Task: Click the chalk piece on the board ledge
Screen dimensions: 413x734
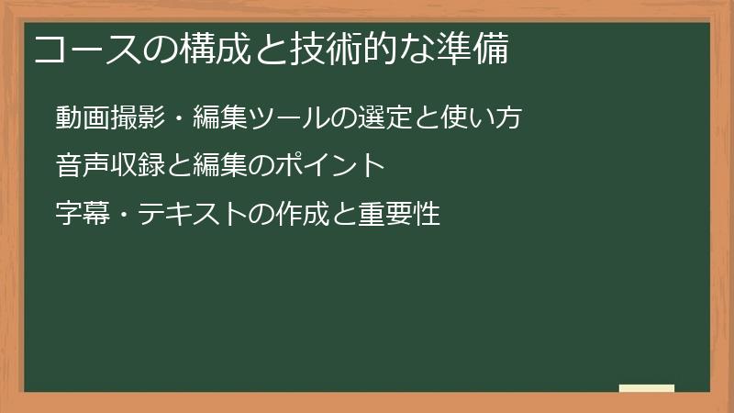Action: pyautogui.click(x=647, y=388)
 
